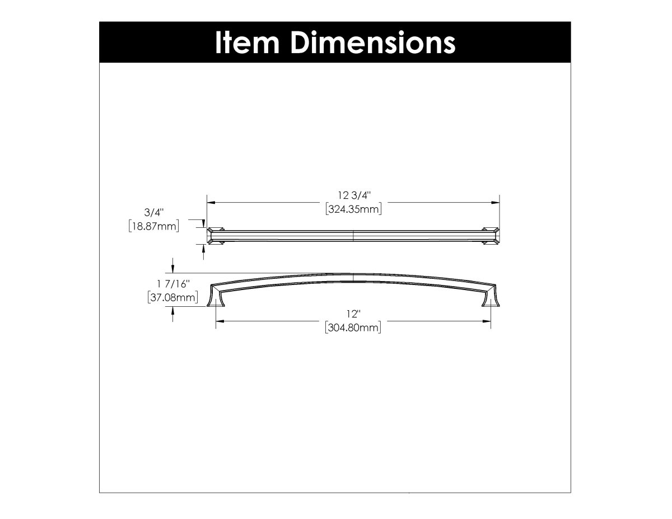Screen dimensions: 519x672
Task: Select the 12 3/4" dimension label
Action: tap(354, 195)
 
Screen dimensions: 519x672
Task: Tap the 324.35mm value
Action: tap(353, 209)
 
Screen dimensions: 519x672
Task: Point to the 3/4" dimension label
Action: tap(153, 212)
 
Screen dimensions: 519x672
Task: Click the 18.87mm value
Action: tap(153, 226)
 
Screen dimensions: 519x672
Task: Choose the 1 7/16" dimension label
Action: tap(172, 284)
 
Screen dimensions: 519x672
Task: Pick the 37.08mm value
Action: tap(172, 297)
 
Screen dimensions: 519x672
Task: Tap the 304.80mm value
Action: tap(353, 328)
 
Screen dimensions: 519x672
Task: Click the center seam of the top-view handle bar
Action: tap(353, 235)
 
